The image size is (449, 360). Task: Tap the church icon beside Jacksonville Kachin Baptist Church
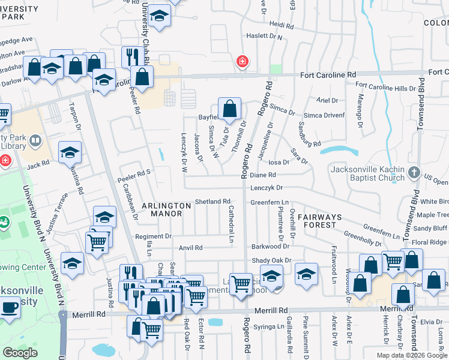[x=414, y=173]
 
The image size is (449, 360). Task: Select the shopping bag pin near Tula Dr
[x=229, y=109]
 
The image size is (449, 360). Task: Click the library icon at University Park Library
[x=35, y=142]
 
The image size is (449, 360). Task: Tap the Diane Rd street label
[x=263, y=175]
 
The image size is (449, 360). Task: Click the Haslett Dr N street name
[x=267, y=37]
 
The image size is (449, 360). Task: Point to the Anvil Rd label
[x=191, y=247]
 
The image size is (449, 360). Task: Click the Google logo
[x=20, y=353]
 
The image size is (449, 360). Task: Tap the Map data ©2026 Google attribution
[x=411, y=355]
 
